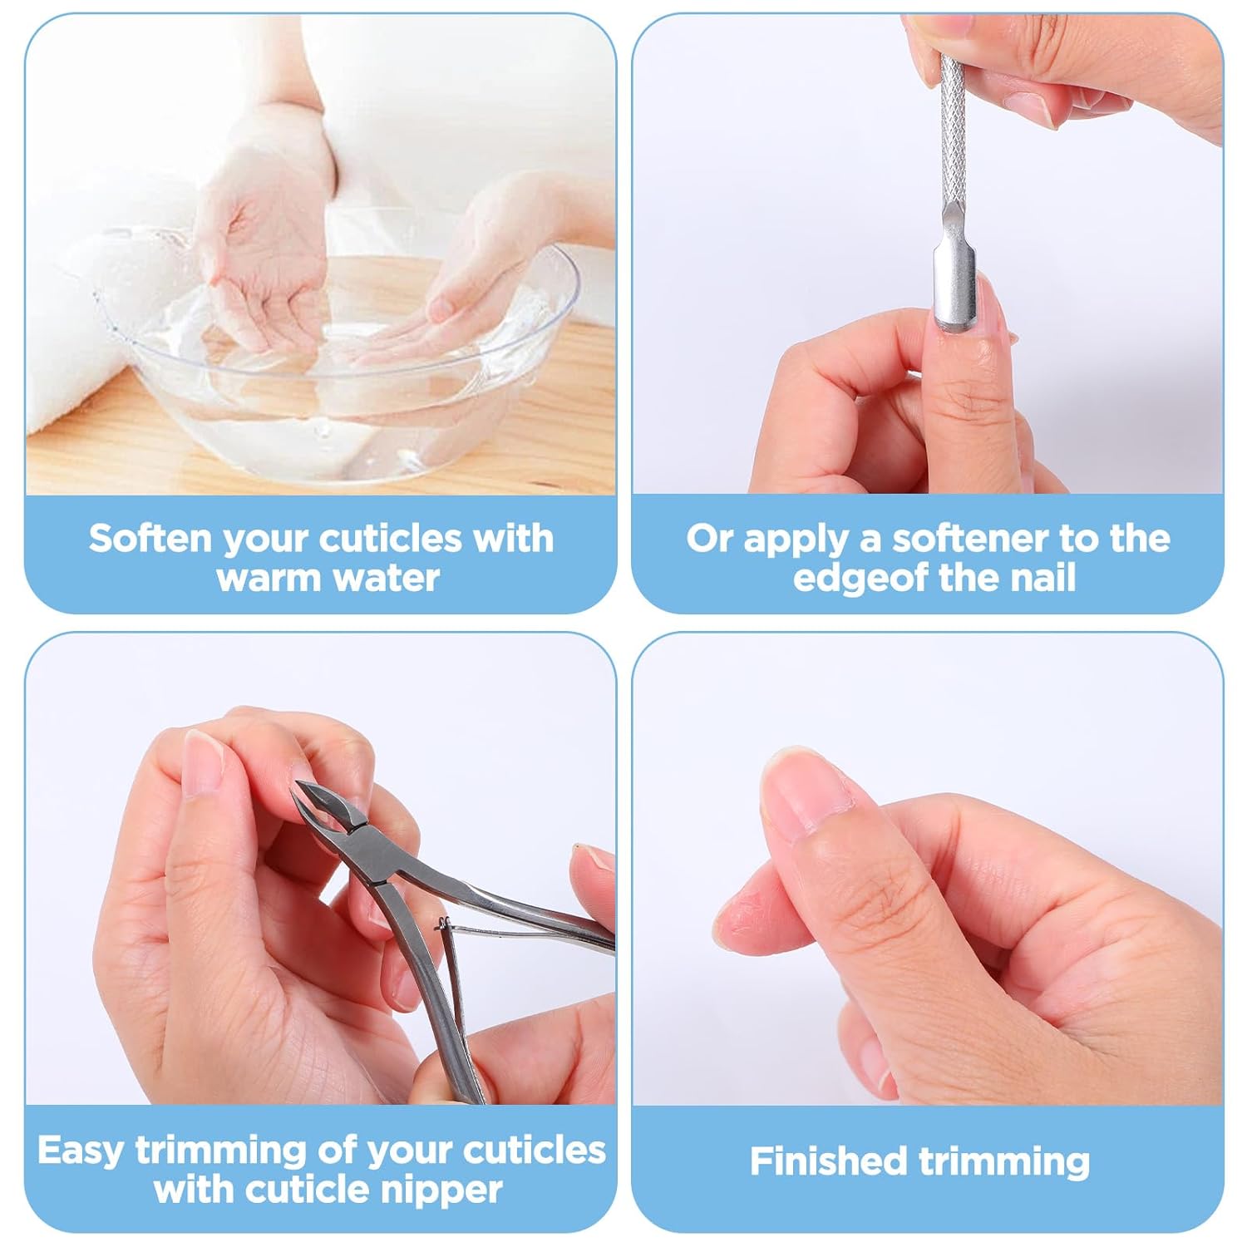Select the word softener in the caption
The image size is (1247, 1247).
pyautogui.click(x=973, y=539)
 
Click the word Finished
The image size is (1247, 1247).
pyautogui.click(x=827, y=1161)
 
